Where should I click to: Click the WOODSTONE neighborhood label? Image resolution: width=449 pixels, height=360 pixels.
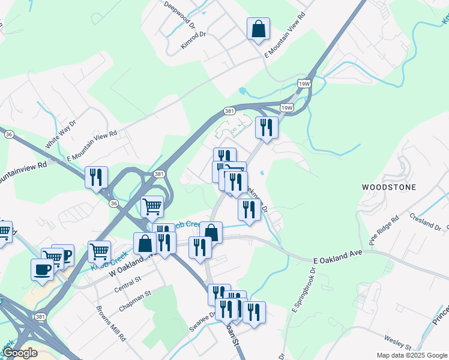(388, 187)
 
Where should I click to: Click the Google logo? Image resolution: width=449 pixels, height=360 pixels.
(20, 353)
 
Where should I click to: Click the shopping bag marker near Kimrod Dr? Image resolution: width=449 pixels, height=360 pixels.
(258, 29)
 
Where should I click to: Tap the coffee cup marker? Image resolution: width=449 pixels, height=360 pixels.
(42, 269)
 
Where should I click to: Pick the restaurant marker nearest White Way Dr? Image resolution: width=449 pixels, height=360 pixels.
(96, 177)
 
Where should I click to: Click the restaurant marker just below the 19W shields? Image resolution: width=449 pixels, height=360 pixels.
(265, 127)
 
